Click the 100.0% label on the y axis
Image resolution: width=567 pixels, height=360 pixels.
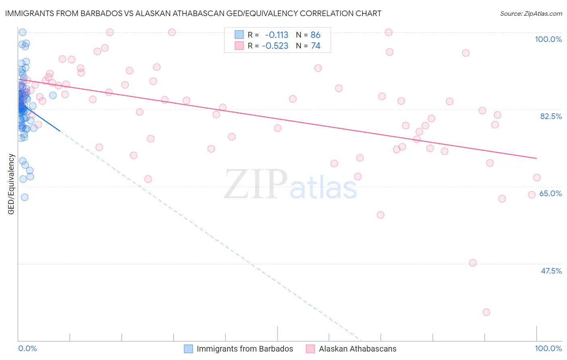point(548,39)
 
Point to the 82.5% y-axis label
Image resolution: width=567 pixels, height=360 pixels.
point(551,116)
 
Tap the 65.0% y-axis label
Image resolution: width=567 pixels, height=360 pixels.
point(550,193)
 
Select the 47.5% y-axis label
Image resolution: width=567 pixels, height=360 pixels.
point(551,271)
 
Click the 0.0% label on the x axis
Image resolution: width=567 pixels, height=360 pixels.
point(27,348)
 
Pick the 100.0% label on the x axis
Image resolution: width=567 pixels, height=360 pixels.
point(548,348)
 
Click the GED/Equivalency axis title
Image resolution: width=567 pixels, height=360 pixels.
point(11,184)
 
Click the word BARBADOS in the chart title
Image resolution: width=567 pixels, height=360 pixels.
point(102,13)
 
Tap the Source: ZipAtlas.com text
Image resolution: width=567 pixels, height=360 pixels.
point(531,13)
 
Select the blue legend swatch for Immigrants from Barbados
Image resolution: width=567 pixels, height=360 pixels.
point(188,349)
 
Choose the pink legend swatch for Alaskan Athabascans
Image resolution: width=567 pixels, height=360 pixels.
point(310,349)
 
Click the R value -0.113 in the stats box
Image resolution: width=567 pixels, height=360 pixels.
point(277,35)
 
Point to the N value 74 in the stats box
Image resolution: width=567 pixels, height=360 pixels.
point(315,46)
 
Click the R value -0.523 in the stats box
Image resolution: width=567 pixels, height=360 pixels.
point(275,46)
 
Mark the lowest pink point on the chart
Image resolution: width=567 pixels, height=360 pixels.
point(486,312)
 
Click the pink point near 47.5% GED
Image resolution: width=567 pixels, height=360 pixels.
point(473,263)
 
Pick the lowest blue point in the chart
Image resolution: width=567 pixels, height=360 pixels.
point(25,197)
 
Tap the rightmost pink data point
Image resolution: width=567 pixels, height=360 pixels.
point(537,178)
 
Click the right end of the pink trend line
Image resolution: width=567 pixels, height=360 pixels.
point(537,158)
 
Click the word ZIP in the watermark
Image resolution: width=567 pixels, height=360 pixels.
point(255,185)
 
